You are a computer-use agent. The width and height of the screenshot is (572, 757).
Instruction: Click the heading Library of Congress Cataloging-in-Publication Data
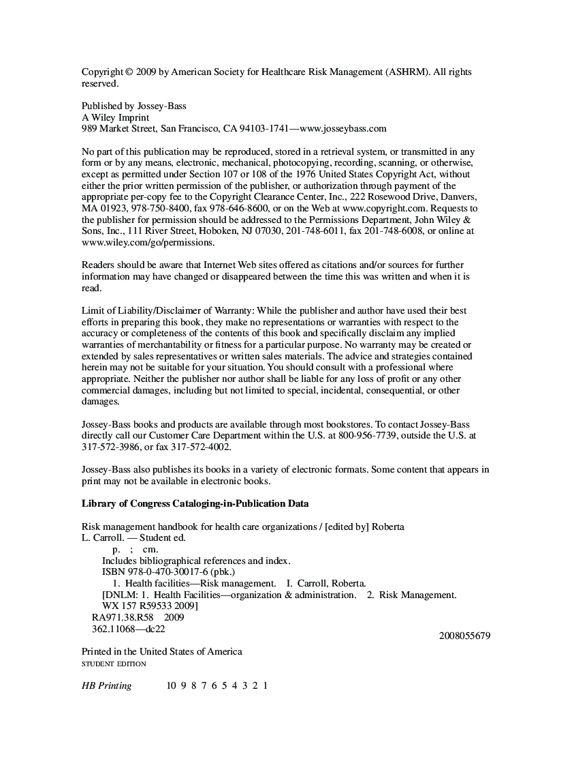tap(195, 504)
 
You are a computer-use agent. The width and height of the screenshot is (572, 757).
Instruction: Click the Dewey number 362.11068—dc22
tap(128, 629)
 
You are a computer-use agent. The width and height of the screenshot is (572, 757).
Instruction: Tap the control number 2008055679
tap(465, 636)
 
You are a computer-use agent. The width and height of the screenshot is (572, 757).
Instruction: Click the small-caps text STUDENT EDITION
tap(114, 664)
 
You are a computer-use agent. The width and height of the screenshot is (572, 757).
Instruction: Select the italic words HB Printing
tap(106, 685)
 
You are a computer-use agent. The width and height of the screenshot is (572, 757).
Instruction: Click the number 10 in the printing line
tap(172, 685)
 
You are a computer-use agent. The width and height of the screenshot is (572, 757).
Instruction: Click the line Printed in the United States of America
tap(161, 651)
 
